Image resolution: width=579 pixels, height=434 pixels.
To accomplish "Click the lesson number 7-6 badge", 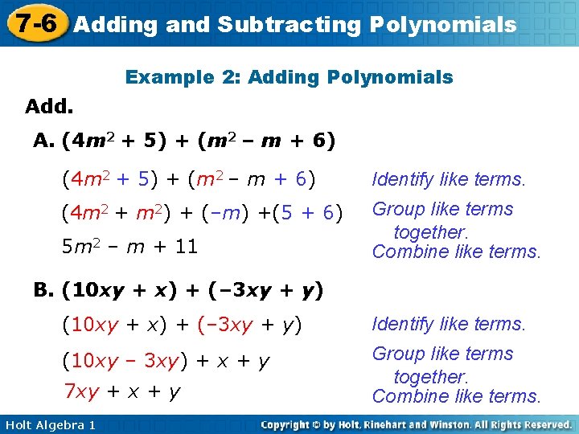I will click(x=34, y=23).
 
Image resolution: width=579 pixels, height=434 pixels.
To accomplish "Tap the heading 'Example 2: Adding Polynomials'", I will click(x=289, y=78).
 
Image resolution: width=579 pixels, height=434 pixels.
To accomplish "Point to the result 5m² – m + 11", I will click(x=129, y=247).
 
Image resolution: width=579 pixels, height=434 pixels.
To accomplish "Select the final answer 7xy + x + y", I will click(x=121, y=391).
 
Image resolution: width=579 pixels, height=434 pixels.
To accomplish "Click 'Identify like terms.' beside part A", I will click(x=448, y=179).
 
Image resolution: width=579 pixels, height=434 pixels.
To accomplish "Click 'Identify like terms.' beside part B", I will click(x=448, y=324).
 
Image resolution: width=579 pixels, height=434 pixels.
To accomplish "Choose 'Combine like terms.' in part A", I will click(x=456, y=252).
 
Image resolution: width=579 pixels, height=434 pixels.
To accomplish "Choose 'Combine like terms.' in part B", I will click(x=456, y=396).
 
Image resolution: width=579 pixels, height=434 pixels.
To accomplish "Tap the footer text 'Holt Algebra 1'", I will click(x=49, y=424).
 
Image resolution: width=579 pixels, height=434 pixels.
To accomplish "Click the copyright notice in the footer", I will click(x=416, y=424).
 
